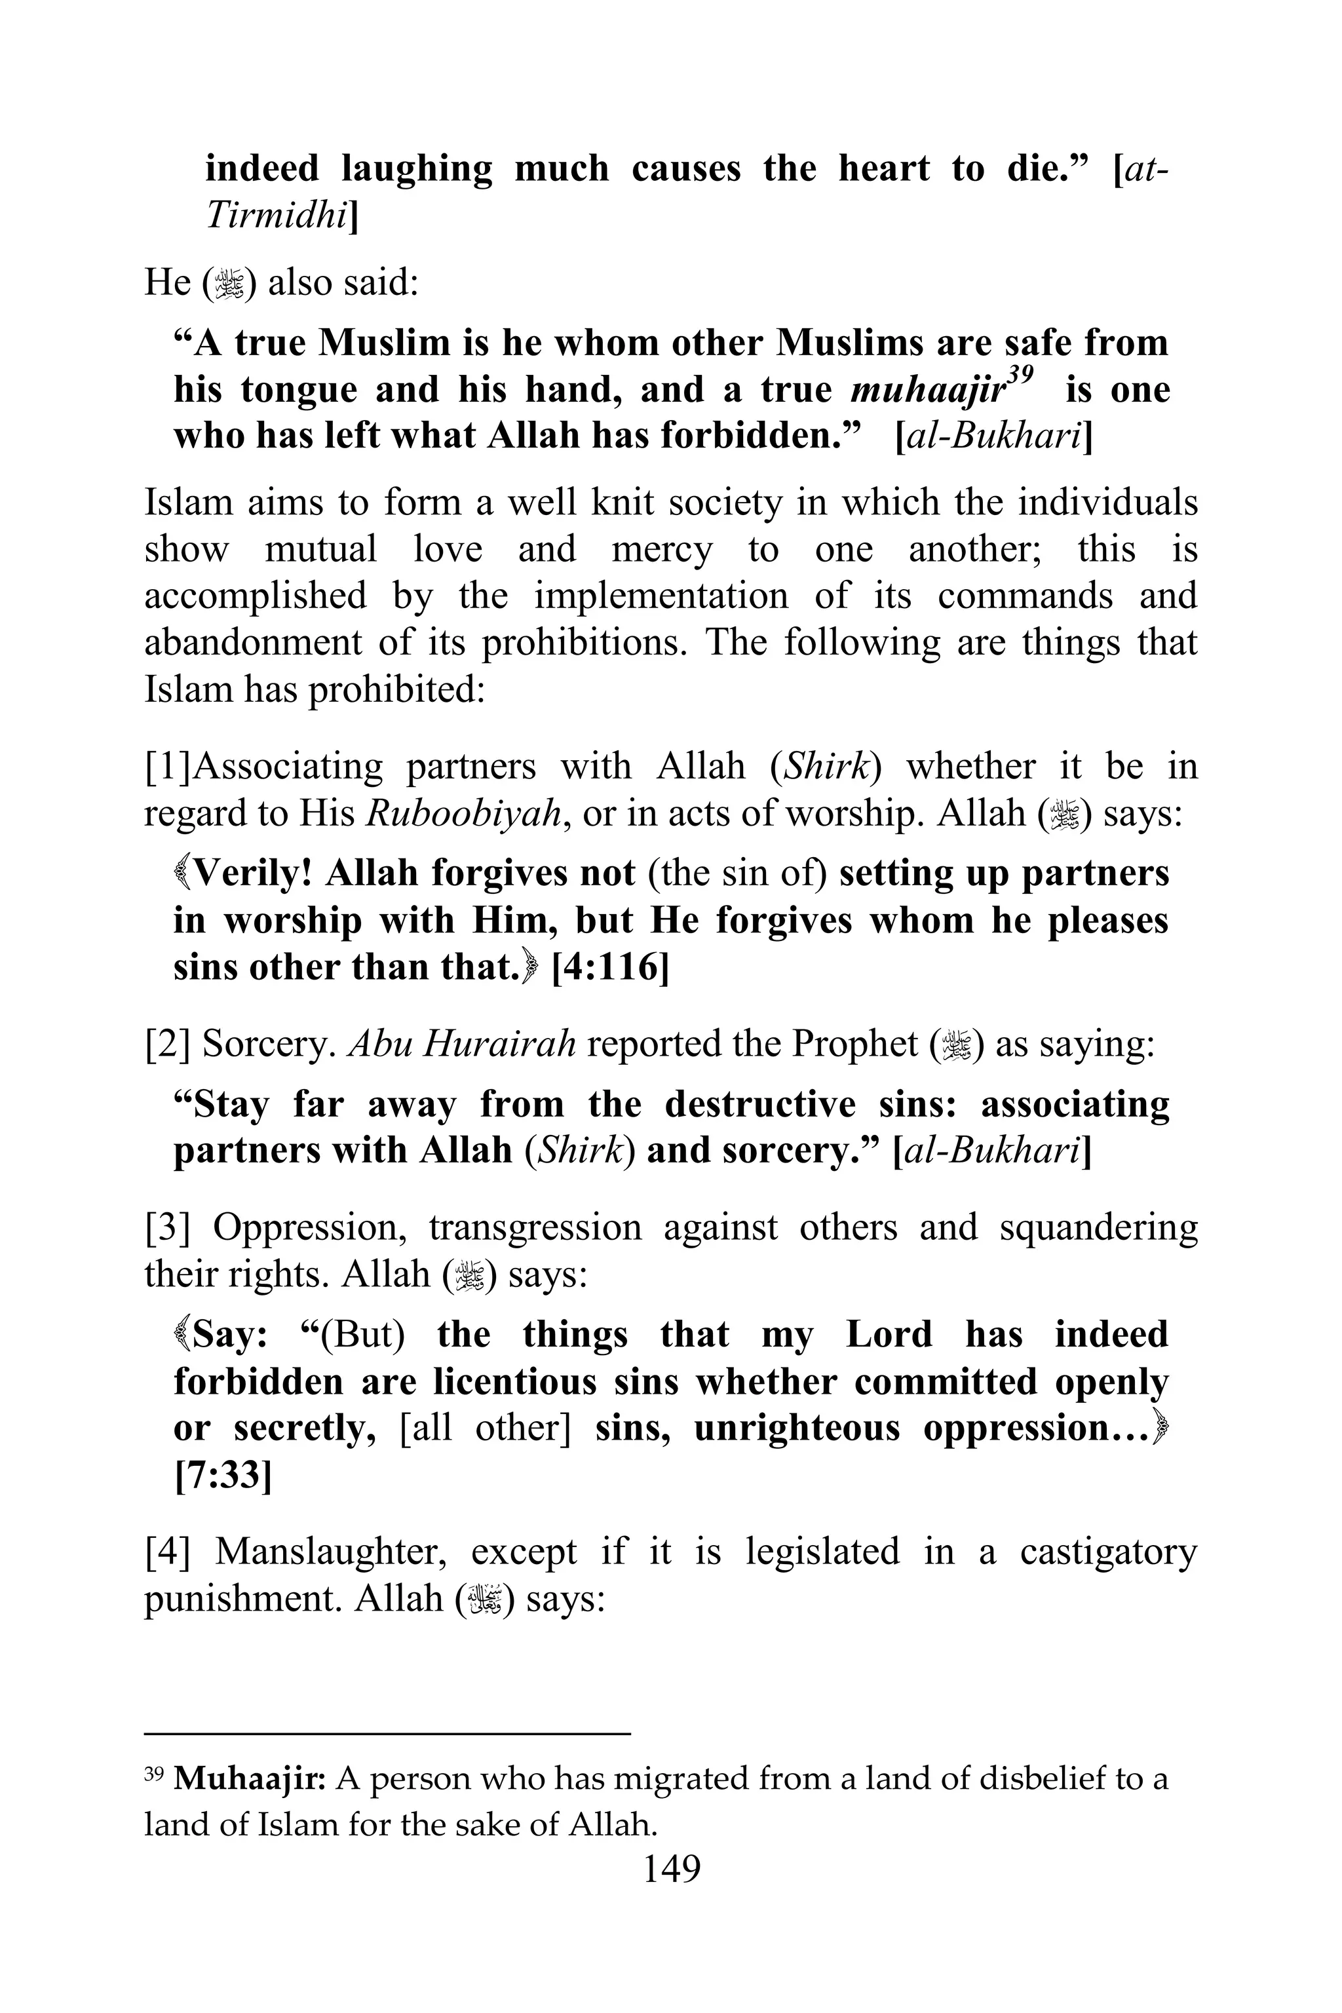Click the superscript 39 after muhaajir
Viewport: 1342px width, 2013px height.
click(1020, 374)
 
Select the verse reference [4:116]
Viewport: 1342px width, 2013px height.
click(609, 967)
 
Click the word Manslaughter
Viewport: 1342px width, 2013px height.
click(330, 1551)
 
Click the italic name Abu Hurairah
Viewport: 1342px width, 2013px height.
click(461, 1044)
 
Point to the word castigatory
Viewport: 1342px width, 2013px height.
click(1107, 1551)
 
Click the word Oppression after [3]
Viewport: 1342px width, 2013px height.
click(309, 1228)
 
